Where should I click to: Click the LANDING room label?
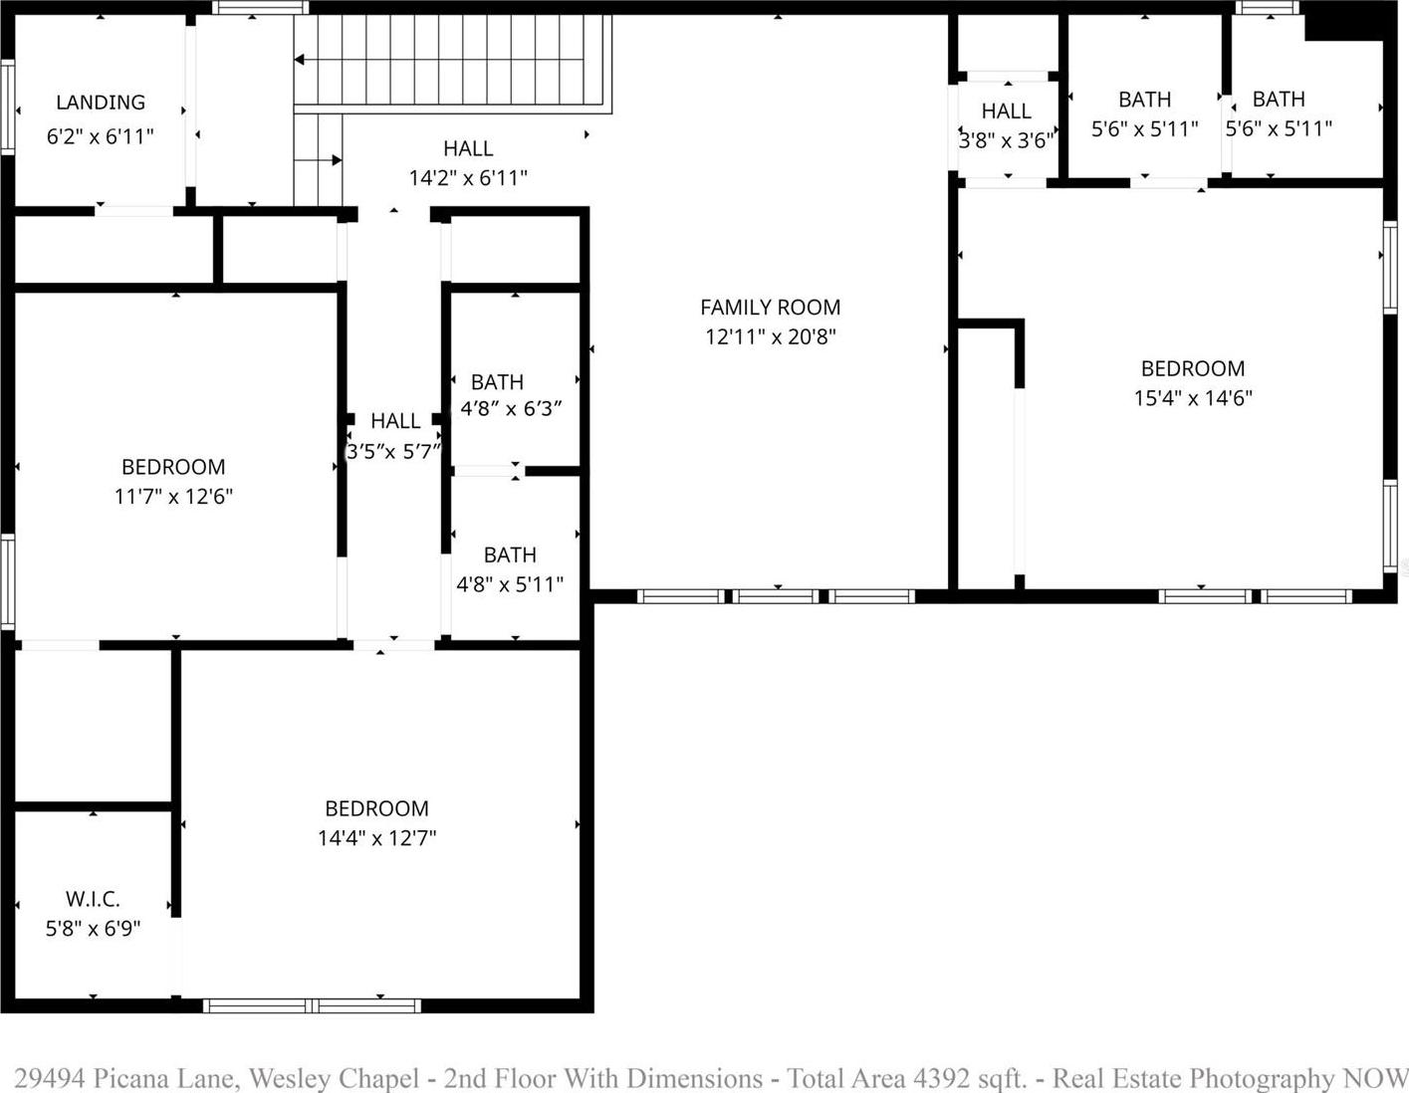pos(101,103)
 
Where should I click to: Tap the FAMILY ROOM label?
pos(771,308)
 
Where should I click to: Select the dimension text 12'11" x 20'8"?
pos(771,336)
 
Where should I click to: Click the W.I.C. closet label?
pos(93,899)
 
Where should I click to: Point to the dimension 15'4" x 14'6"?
pos(1193,398)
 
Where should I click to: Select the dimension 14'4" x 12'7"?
pos(376,838)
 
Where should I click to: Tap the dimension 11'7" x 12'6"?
pos(173,497)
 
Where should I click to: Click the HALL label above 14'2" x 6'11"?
pos(468,148)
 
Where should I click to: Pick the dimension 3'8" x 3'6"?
pos(1007,140)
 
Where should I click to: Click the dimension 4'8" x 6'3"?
pos(510,409)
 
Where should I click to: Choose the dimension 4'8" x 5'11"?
pos(510,584)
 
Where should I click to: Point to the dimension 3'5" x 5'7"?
pos(393,452)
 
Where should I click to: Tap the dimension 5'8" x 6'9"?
pos(93,929)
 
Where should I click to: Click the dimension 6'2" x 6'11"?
pos(100,136)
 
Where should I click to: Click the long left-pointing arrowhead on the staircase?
pos(299,60)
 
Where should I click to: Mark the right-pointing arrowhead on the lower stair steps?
pos(337,160)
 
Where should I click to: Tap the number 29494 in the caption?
pos(50,1078)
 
